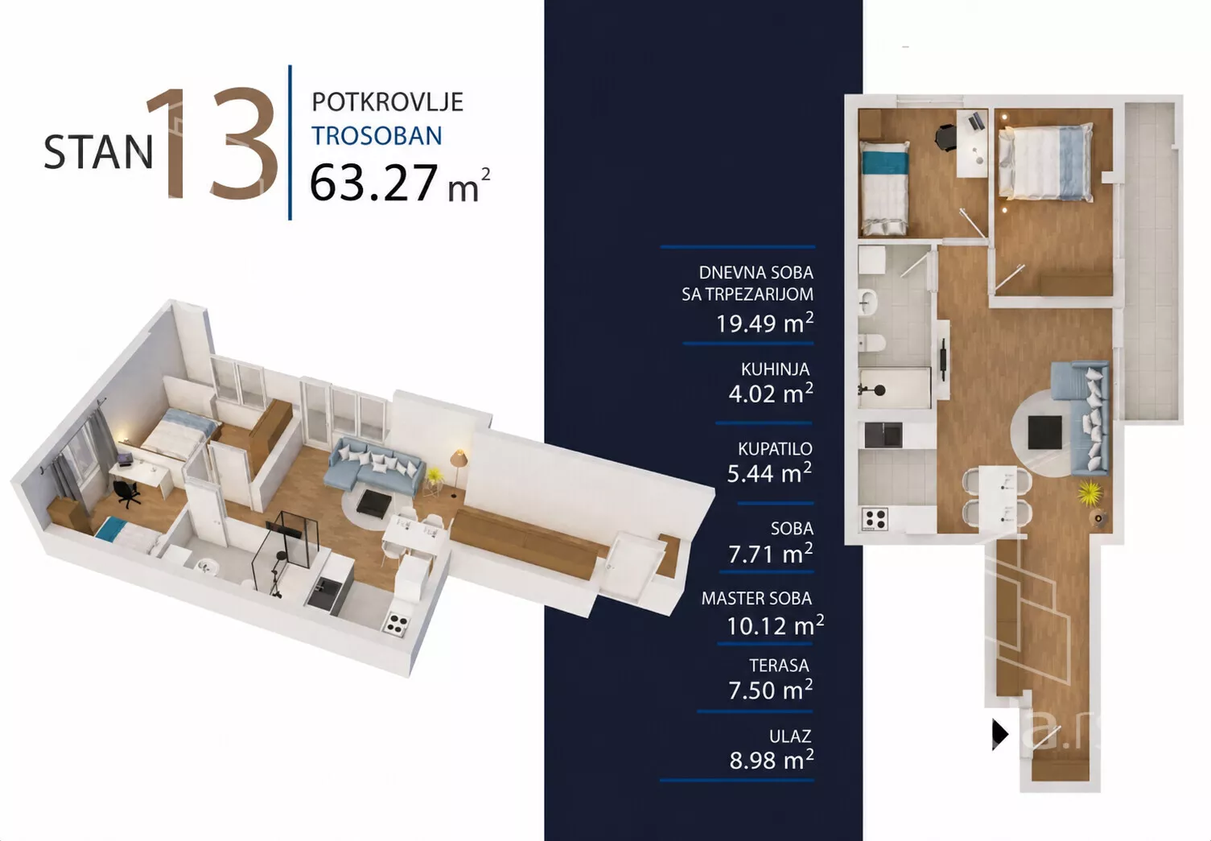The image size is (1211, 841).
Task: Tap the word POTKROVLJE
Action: [x=388, y=102]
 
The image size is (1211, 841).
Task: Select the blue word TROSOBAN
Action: [x=377, y=136]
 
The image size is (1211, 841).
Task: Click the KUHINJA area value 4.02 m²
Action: [x=770, y=394]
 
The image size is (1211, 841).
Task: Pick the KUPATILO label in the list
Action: [x=775, y=448]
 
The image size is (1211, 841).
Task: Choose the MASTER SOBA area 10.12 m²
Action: [x=775, y=625]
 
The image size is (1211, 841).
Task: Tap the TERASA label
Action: [x=779, y=666]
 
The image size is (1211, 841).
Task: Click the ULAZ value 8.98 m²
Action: [x=772, y=760]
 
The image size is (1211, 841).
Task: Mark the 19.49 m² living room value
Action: [x=764, y=323]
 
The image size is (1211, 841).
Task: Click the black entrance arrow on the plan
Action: [x=999, y=735]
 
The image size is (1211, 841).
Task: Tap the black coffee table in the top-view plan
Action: [x=1044, y=432]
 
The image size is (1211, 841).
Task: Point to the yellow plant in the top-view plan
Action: [x=1089, y=493]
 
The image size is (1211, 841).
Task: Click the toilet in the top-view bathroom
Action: [x=872, y=343]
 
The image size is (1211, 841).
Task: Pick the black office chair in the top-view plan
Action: [x=945, y=136]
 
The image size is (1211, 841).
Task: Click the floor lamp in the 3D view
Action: [x=458, y=471]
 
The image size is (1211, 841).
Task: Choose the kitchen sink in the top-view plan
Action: [x=884, y=435]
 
